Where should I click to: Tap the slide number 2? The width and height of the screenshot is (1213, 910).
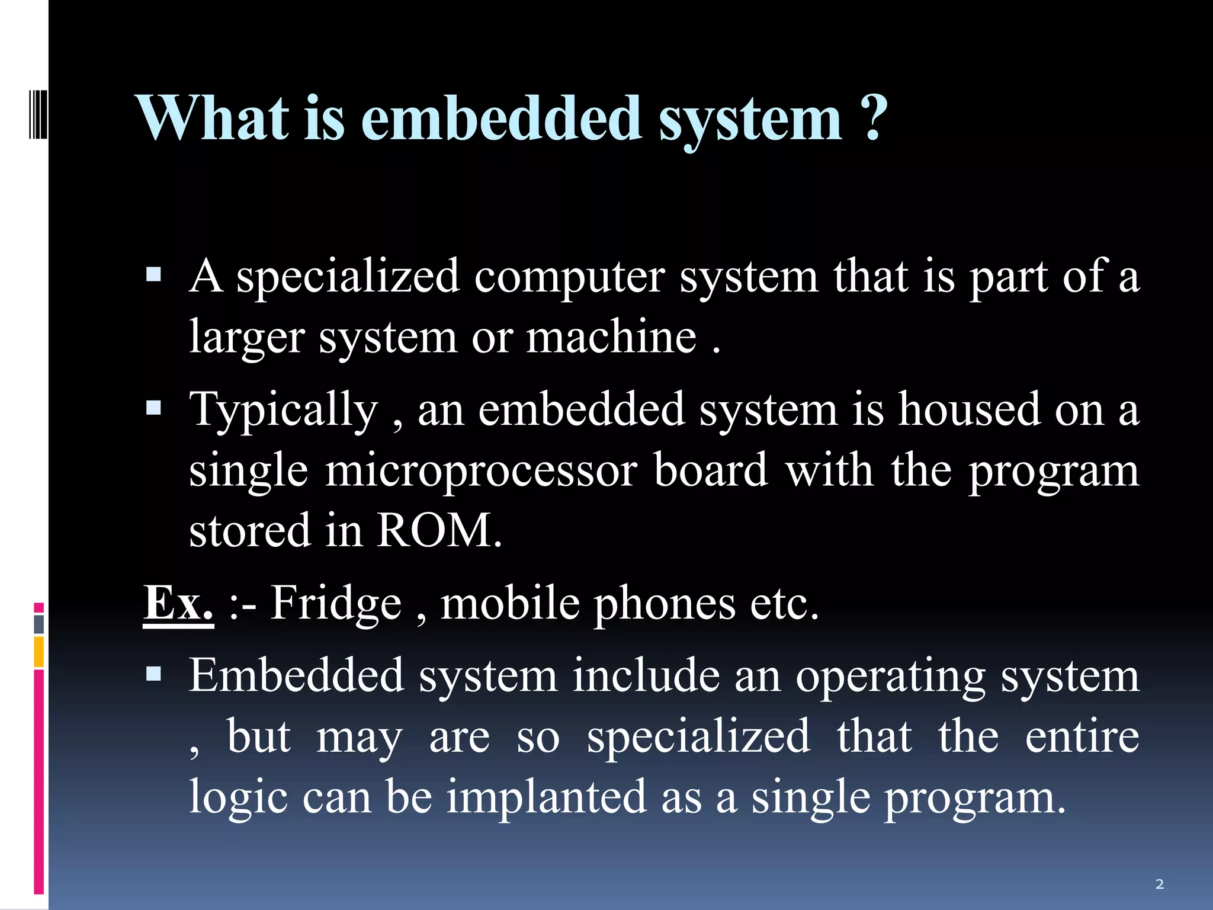point(1159,885)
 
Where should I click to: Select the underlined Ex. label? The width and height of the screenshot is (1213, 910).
point(178,603)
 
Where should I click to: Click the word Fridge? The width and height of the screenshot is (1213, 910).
point(336,603)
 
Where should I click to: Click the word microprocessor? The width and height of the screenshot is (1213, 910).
point(481,470)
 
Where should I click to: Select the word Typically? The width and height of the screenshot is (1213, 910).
point(283,409)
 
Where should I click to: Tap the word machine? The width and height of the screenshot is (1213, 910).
point(611,337)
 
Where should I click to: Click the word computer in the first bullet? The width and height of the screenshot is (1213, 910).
point(569,276)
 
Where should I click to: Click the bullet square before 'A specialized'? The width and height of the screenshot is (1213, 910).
point(153,274)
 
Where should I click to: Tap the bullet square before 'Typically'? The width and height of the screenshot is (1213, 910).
point(153,408)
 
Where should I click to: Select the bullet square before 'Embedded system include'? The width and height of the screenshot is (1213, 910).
point(153,674)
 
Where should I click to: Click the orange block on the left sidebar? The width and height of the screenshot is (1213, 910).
point(39,652)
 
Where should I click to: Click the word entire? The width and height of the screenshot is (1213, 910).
point(1082,736)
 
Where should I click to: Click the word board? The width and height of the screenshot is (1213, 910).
point(710,470)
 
